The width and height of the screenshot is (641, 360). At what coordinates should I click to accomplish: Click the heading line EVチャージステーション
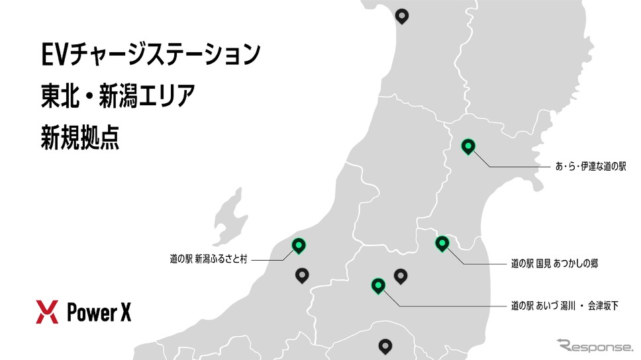tap(148, 54)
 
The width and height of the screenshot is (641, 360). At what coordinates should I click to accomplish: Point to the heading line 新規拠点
tap(79, 138)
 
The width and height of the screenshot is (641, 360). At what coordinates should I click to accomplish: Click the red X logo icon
tap(48, 311)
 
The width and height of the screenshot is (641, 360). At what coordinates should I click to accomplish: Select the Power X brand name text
tap(99, 312)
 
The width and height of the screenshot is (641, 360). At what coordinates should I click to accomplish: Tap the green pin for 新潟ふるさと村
tap(299, 246)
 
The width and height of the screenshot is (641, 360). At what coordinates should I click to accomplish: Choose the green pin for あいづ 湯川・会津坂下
tap(378, 285)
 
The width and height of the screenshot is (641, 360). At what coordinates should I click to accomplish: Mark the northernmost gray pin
tap(401, 15)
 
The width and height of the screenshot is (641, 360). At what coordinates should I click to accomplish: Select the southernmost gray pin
tap(385, 345)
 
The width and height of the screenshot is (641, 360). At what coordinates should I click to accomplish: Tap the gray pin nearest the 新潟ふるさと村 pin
tap(302, 275)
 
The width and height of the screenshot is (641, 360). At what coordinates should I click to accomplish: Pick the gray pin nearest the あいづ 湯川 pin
tap(400, 275)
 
